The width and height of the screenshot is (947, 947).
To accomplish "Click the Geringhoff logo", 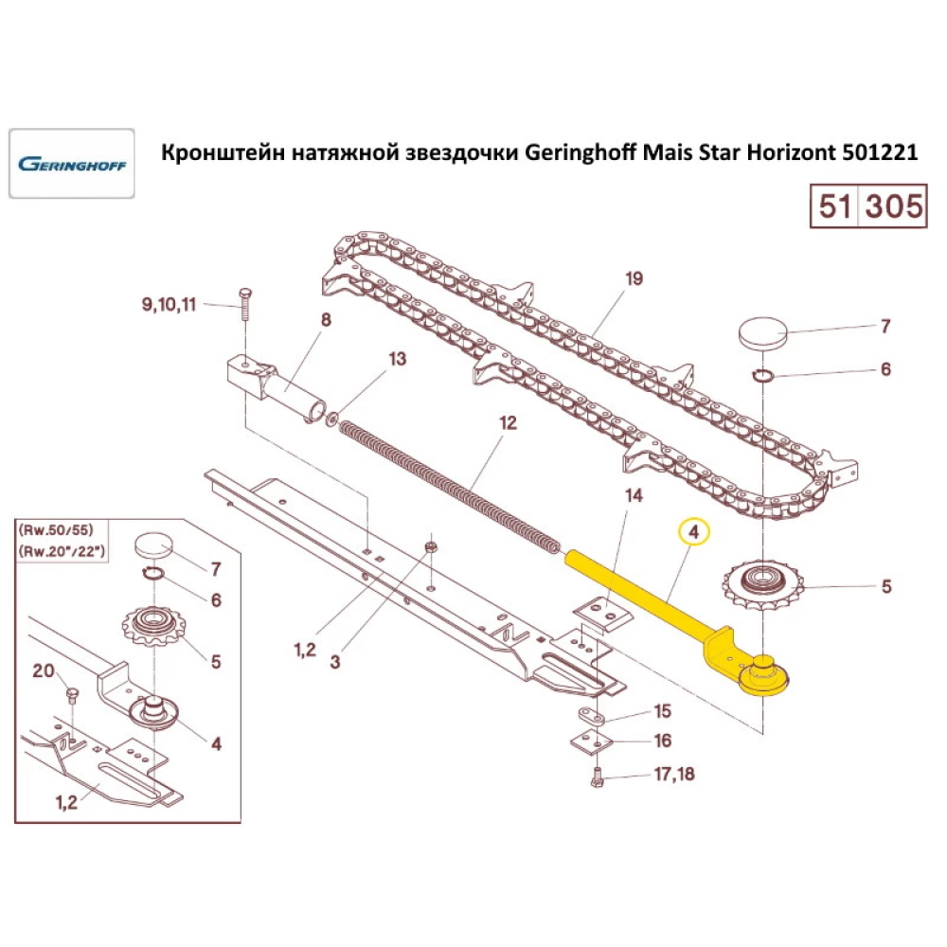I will (71, 163).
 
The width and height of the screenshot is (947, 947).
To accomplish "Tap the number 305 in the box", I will (890, 205).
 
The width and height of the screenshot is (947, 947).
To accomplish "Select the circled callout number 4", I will (694, 534).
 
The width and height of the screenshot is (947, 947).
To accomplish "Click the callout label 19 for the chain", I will (634, 278).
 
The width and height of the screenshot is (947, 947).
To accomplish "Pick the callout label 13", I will (397, 359).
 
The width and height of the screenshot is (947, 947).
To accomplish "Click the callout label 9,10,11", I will (169, 305).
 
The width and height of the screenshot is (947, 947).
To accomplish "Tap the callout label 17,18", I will (673, 775).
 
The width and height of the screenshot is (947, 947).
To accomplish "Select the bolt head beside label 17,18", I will (597, 779).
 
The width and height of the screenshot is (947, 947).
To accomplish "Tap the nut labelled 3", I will (430, 547).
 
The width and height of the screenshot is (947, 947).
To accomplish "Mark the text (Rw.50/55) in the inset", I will (73, 528).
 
